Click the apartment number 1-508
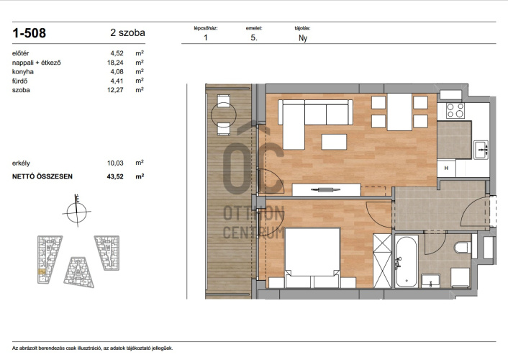coord(30,33)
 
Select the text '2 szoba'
coord(127,32)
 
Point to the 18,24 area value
coord(115,63)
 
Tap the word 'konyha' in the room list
coord(23,72)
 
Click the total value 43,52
coord(115,176)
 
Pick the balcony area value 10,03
coord(115,163)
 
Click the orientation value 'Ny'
coord(303,38)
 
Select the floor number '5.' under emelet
coord(254,37)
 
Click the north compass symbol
coord(77,212)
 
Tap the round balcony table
coord(224,114)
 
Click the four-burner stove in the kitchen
coord(455,110)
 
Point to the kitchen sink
coord(481,150)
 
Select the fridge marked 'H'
coord(446,168)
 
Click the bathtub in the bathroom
coord(407,261)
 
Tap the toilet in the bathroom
coord(463,248)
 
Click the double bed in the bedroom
coord(312,258)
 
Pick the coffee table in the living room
coord(334,142)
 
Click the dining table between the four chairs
coord(400,112)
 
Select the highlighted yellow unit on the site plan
coord(42,271)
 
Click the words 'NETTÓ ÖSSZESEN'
coord(42,176)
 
